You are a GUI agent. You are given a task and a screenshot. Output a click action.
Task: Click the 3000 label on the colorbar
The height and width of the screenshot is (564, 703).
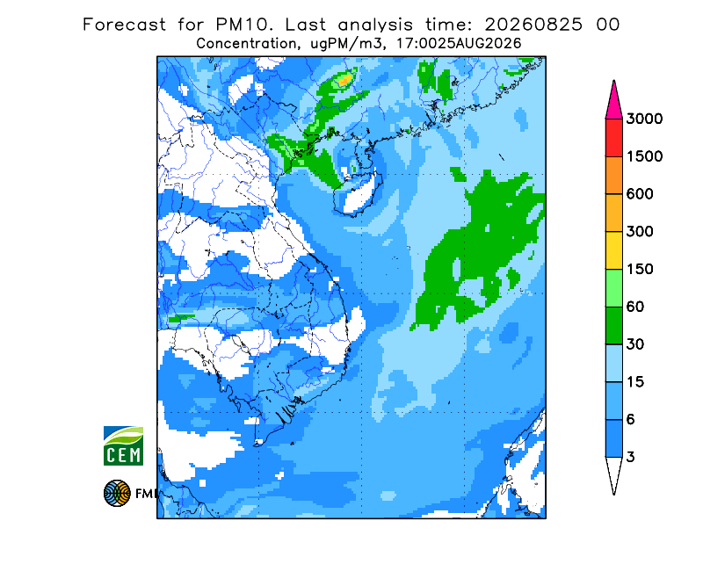[644, 119]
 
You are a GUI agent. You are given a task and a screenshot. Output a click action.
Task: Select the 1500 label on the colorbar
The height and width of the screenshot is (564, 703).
[644, 156]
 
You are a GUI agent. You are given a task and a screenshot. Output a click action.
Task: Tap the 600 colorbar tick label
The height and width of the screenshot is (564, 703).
[640, 194]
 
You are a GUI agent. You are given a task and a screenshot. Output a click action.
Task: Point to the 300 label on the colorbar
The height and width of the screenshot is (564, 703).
[640, 232]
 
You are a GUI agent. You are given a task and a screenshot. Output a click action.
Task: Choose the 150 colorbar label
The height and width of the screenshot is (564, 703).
[640, 270]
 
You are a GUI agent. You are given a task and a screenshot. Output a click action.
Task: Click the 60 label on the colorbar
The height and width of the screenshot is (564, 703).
[635, 307]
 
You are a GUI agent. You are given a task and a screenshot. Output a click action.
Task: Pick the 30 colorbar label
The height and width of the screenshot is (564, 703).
[635, 344]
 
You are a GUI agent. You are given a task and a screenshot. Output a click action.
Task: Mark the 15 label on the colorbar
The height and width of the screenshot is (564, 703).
[635, 382]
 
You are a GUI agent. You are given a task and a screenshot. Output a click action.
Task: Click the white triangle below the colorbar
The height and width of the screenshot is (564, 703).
[613, 472]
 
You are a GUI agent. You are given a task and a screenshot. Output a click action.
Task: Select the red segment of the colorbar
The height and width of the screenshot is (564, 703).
[613, 138]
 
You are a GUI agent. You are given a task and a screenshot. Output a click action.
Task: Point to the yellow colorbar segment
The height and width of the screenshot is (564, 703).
[613, 250]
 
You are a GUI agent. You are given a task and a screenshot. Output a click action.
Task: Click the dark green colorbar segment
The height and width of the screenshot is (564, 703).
[613, 326]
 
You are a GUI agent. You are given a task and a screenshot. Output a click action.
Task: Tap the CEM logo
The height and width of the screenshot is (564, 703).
[123, 445]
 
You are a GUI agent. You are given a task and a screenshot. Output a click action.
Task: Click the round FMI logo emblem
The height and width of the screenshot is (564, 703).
[117, 493]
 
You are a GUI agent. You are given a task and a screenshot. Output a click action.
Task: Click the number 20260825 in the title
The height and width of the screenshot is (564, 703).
[533, 25]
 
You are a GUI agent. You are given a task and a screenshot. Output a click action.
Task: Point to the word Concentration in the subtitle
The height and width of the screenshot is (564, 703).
[247, 44]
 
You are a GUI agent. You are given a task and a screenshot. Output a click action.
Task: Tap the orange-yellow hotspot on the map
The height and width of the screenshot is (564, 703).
[344, 81]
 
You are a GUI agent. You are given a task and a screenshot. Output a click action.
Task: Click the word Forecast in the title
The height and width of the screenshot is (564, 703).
[124, 25]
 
